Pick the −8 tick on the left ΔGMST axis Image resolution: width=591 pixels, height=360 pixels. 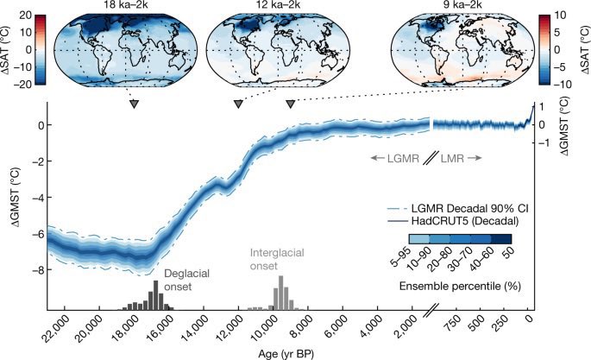pos(37,270)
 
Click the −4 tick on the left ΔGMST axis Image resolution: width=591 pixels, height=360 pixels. pos(37,198)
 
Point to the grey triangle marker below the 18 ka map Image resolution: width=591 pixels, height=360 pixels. pos(134,104)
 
